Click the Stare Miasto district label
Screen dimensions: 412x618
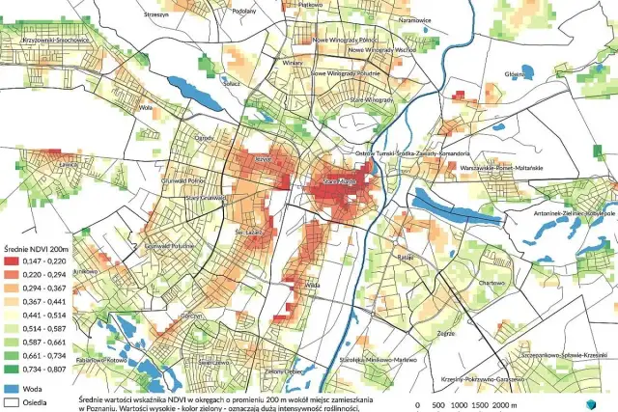pos(341,179)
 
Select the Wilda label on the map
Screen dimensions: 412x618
pos(312,287)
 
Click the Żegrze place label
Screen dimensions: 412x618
pos(445,333)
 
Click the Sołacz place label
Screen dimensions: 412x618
pos(231,84)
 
